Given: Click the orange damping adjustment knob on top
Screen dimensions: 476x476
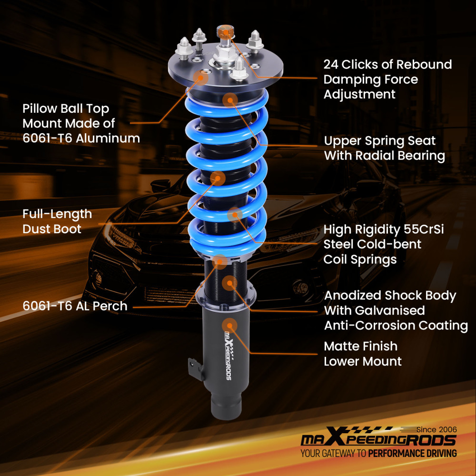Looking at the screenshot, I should (x=223, y=32).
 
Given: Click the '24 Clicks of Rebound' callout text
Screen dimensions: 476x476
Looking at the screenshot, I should (x=387, y=64).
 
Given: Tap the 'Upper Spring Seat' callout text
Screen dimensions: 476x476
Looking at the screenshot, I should (x=379, y=141).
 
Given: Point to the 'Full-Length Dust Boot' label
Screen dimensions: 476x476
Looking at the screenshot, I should (x=57, y=221).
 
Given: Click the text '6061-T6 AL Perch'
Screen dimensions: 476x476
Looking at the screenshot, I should (x=75, y=306).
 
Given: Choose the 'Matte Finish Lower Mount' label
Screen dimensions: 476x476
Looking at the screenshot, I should (x=363, y=354).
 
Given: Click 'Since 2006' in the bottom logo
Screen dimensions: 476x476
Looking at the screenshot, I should (x=436, y=429).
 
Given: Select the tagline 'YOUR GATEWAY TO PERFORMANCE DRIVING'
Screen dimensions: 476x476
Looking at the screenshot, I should (x=378, y=453).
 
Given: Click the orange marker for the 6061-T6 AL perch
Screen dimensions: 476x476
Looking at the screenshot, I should (x=220, y=260).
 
